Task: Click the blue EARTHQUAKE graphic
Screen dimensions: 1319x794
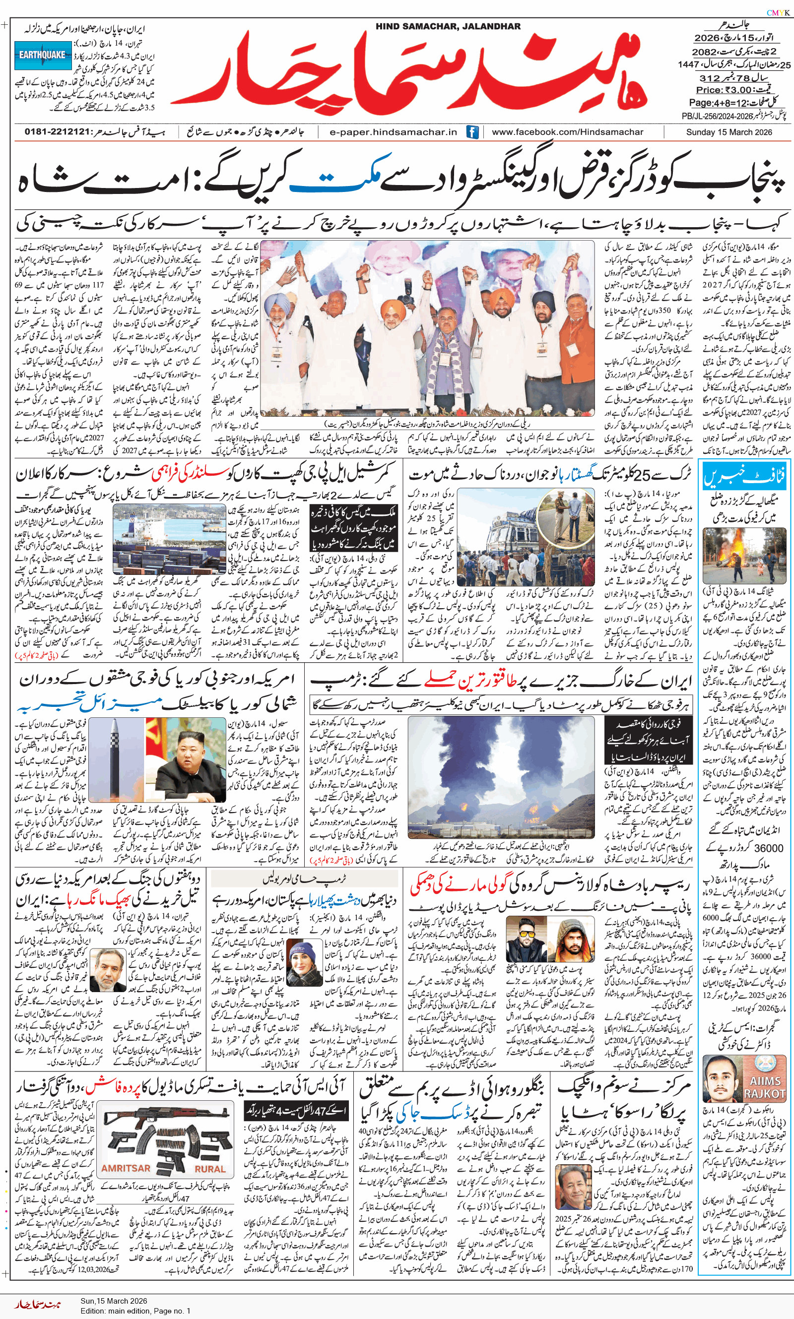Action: coord(43,55)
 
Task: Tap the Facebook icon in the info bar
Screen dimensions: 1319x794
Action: coord(472,132)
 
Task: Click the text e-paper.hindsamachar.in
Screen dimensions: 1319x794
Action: coord(393,132)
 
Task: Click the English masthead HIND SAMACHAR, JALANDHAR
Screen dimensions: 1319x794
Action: coord(448,26)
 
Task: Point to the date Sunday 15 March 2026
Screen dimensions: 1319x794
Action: coord(728,132)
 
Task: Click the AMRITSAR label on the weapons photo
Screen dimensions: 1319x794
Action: coord(126,1168)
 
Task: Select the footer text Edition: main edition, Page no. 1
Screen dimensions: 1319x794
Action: coord(135,1311)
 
